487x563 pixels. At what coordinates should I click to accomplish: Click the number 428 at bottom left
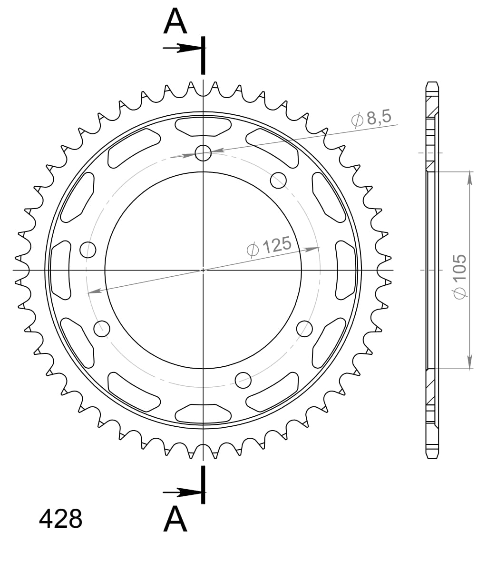pos(60,519)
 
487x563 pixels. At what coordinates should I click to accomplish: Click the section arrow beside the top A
pos(183,48)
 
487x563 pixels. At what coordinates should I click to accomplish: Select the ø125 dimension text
pos(269,247)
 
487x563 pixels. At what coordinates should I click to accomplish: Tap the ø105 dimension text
pos(459,276)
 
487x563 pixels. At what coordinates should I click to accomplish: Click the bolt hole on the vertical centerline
pos(203,153)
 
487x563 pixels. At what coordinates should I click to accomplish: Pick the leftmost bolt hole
pos(88,249)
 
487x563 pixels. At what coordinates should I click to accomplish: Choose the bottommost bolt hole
pos(243,379)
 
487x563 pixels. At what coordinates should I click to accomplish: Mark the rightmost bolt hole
pos(304,328)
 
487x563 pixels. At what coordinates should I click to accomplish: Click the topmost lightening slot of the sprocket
pos(203,126)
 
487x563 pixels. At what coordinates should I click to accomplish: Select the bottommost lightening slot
pos(203,414)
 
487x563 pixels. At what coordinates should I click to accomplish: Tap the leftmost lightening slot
pos(60,270)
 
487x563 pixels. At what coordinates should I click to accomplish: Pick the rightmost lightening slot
pos(346,270)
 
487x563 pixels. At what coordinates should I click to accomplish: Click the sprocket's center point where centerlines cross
pos(203,270)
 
